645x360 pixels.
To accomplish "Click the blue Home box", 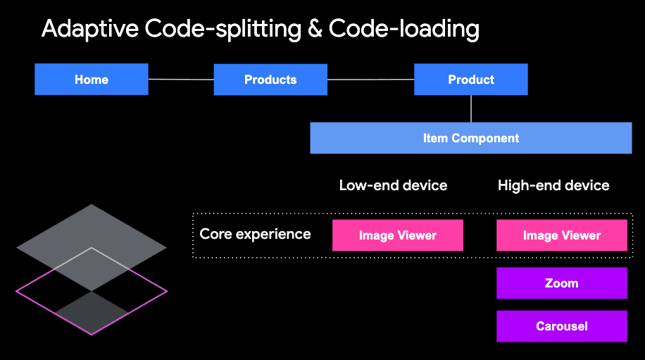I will pyautogui.click(x=92, y=80).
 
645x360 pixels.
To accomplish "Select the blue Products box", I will pyautogui.click(x=270, y=80).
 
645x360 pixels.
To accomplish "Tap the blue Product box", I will pyautogui.click(x=471, y=80).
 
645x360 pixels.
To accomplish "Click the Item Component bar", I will pyautogui.click(x=471, y=138).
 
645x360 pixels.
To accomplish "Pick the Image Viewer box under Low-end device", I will pyautogui.click(x=398, y=235).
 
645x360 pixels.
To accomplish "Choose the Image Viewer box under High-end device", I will pyautogui.click(x=562, y=235).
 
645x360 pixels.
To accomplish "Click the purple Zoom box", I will pyautogui.click(x=562, y=283).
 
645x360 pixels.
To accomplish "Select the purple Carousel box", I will pyautogui.click(x=562, y=326).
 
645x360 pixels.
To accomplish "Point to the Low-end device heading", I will pyautogui.click(x=393, y=185).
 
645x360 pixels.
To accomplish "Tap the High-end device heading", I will pyautogui.click(x=553, y=185).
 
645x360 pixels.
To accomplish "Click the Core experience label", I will pyautogui.click(x=255, y=234).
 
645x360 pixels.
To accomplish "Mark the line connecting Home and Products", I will pyautogui.click(x=181, y=80).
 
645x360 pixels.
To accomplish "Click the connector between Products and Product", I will pyautogui.click(x=370, y=80).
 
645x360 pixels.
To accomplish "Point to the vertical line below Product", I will pyautogui.click(x=471, y=108).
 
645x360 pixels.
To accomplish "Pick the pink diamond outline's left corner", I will pyautogui.click(x=18, y=290).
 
